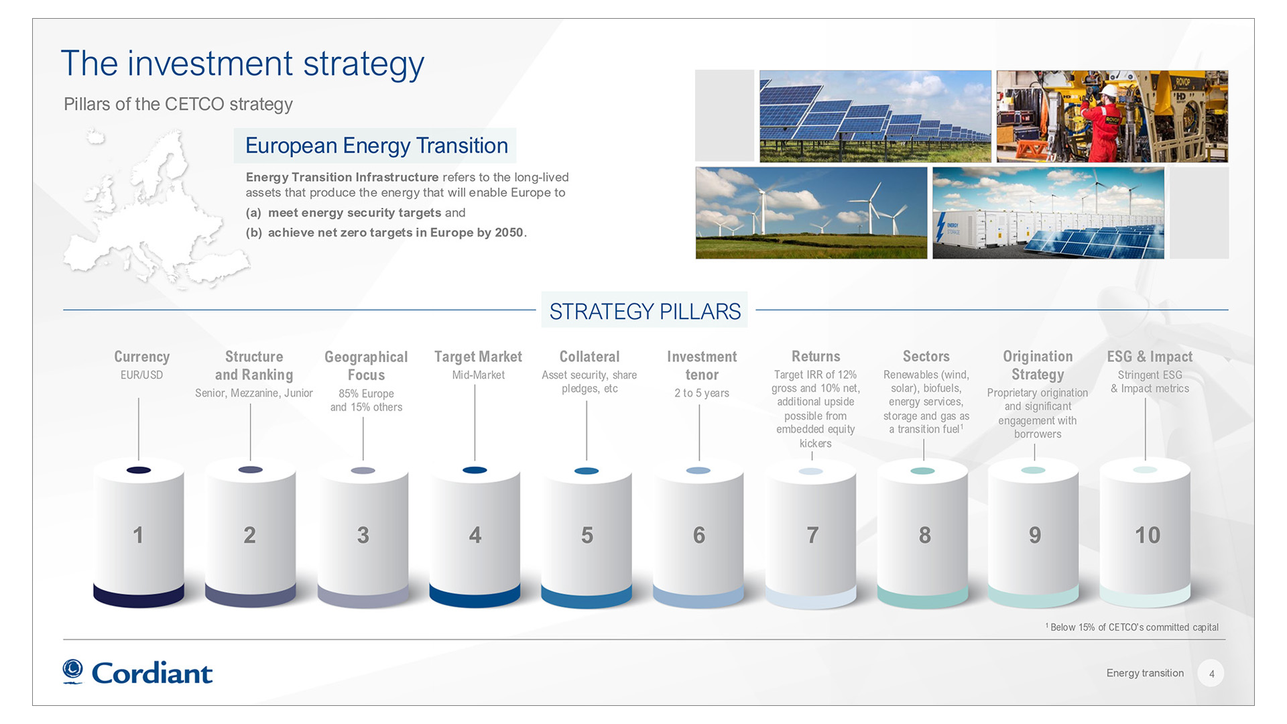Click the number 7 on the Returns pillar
point(812,535)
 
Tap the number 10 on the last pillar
point(1147,535)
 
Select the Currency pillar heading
point(141,357)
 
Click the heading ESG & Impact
point(1150,357)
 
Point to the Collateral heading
point(589,357)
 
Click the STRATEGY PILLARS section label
point(645,311)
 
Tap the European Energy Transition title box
point(375,145)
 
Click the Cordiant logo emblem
point(72,671)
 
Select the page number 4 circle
point(1211,674)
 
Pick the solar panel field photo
point(875,117)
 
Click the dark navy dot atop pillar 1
point(139,470)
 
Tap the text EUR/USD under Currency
point(141,375)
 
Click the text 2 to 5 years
point(702,394)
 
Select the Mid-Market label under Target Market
point(478,375)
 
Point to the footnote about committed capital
point(1132,627)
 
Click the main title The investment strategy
point(242,64)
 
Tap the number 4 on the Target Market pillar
point(475,535)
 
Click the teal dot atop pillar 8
point(923,471)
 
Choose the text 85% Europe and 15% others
point(366,400)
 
